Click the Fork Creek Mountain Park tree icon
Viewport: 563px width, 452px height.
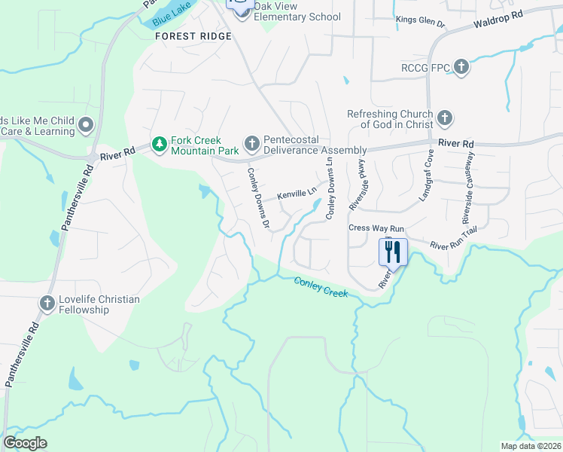point(159,143)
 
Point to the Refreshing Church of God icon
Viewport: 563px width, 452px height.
point(445,118)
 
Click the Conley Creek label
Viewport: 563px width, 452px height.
point(321,286)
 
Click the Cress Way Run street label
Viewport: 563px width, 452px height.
point(376,228)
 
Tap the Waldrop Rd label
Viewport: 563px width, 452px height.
point(498,19)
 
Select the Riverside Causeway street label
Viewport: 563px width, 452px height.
point(468,188)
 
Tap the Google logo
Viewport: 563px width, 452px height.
point(25,443)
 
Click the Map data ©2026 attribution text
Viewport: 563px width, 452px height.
point(530,446)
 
